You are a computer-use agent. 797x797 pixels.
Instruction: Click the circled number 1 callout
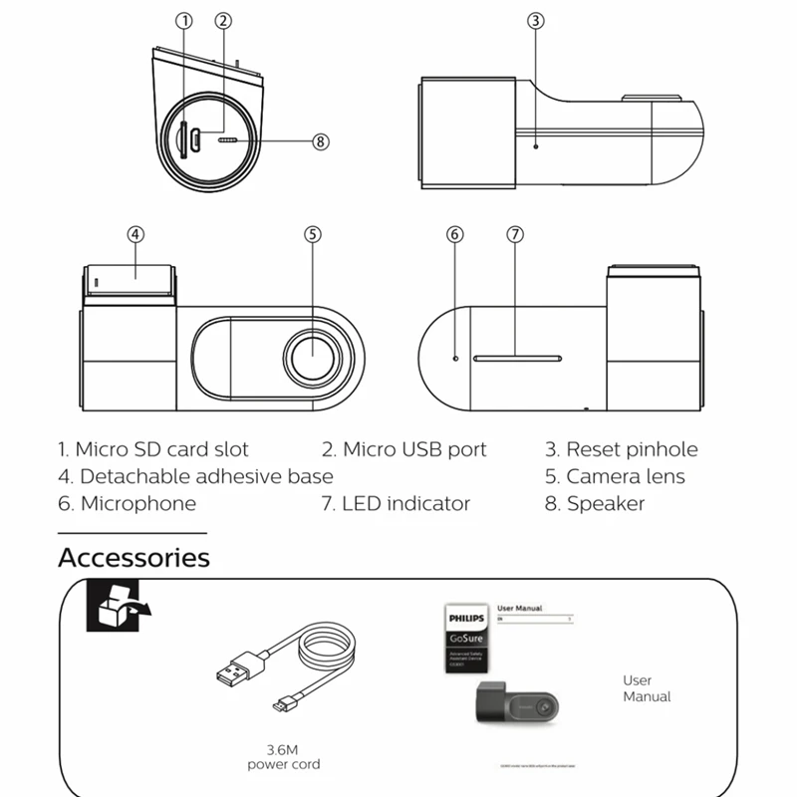point(184,21)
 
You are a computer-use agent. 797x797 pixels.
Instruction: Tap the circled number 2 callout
point(223,21)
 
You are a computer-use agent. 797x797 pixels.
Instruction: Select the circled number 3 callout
point(535,21)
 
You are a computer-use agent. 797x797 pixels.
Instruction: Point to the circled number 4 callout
point(135,235)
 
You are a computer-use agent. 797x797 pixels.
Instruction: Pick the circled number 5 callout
point(313,235)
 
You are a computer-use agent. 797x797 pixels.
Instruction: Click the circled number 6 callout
point(455,235)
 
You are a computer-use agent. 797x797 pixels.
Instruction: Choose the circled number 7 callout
point(514,235)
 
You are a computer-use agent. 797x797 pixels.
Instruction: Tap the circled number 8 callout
point(320,141)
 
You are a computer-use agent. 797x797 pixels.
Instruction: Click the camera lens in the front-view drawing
point(313,356)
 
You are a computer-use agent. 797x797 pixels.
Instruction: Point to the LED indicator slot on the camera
point(517,357)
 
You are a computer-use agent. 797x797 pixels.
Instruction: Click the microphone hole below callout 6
point(455,357)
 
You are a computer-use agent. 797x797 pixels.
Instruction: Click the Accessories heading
point(133,557)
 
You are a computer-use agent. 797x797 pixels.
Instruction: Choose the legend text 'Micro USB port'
point(403,450)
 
